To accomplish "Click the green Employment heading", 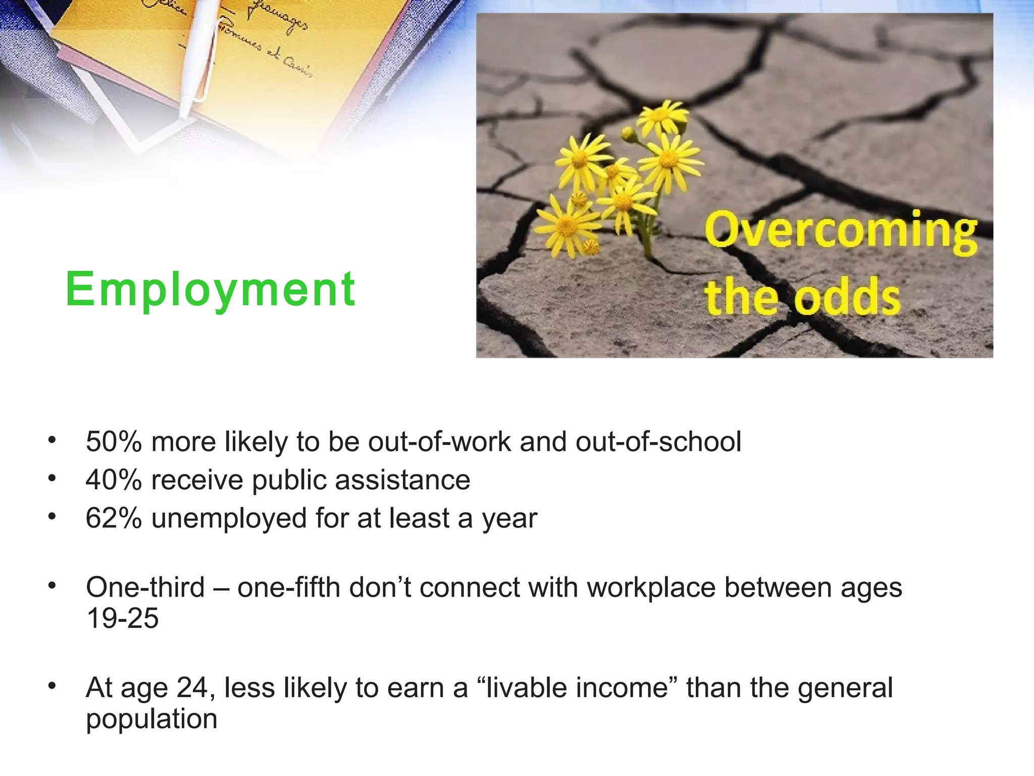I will coord(210,289).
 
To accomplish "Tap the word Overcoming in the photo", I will coord(841,231).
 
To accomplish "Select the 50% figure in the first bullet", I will coord(114,442).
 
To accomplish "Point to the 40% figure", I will coord(114,479).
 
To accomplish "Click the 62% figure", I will coord(114,518).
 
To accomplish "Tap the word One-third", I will coord(145,587).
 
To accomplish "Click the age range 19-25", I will coord(122,618).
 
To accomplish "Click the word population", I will coord(151,719).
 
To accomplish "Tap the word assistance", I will coord(402,479).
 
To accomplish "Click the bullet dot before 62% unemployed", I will coord(51,516).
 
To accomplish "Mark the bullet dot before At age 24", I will coord(51,686).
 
